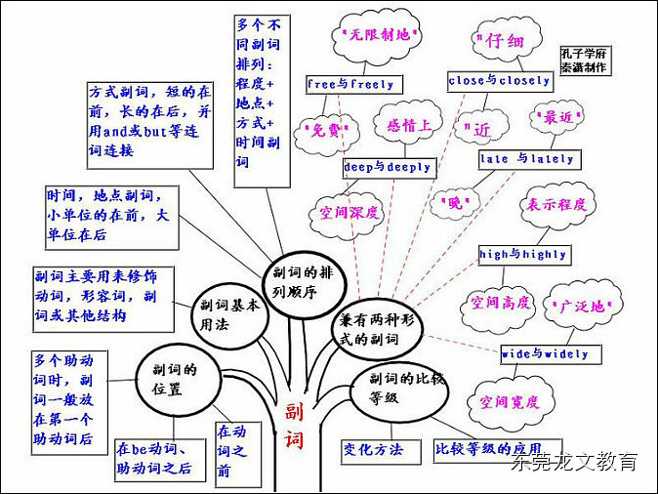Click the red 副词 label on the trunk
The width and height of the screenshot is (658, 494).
[x=294, y=426]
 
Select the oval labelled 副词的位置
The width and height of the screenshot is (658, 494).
[x=176, y=376]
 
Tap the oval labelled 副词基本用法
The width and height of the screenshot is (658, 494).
[x=229, y=313]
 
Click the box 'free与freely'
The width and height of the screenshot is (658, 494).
[x=350, y=85]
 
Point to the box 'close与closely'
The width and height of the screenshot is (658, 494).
[x=500, y=81]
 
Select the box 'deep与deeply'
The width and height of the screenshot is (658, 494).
[x=388, y=167]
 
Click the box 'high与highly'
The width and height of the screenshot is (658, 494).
[x=523, y=254]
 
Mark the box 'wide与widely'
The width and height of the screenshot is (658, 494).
[x=545, y=353]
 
